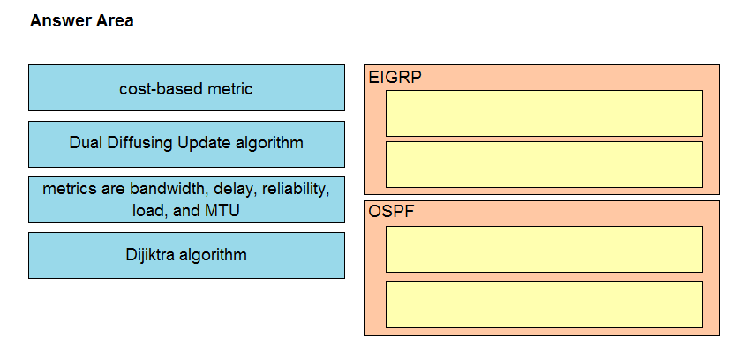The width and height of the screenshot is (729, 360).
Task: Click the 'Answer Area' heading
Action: (x=82, y=21)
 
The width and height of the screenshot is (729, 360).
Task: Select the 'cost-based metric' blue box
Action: (x=186, y=87)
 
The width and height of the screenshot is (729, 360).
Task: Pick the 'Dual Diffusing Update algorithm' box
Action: (x=186, y=144)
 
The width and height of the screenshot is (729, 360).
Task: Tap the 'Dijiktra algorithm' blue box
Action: (x=186, y=256)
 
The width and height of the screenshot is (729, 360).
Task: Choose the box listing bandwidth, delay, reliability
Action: (x=186, y=199)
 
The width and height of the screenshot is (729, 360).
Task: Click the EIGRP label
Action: (x=395, y=77)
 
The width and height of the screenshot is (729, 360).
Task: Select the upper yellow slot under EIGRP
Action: (x=544, y=113)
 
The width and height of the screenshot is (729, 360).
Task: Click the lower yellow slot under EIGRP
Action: (x=544, y=164)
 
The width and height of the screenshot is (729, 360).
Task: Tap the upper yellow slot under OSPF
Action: (x=544, y=249)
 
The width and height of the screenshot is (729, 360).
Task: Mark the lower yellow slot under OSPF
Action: (x=544, y=304)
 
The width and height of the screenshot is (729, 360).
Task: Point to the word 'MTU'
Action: (x=222, y=211)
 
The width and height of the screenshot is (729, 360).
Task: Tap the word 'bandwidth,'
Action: (x=169, y=189)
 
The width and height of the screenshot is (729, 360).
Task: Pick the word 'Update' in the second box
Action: (x=204, y=143)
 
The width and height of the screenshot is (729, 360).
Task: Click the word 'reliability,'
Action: (x=296, y=189)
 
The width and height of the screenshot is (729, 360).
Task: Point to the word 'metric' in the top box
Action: (x=230, y=88)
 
